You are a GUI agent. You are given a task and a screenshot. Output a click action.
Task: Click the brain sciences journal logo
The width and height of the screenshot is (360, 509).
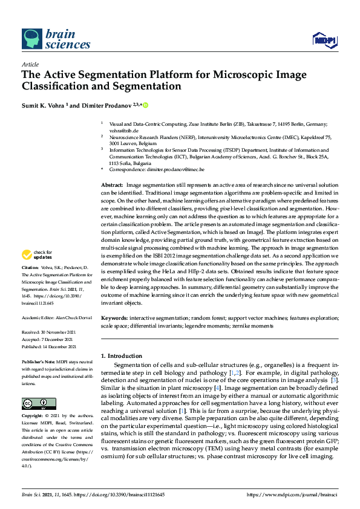point(56,39)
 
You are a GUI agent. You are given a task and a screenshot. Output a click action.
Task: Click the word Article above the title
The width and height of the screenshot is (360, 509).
point(30,64)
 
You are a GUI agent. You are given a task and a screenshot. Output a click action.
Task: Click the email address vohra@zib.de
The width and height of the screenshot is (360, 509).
point(123,130)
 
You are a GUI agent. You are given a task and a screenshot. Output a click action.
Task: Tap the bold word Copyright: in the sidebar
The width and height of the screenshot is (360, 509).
point(33,417)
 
